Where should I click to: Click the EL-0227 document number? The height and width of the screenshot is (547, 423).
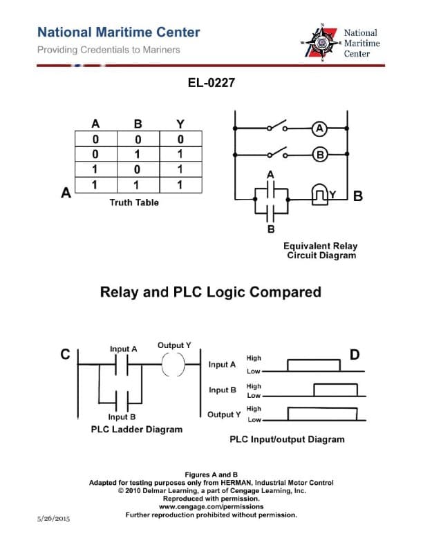tap(211, 84)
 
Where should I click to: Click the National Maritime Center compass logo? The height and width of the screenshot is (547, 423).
tap(321, 43)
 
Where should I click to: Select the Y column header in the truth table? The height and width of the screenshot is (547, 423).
tap(180, 124)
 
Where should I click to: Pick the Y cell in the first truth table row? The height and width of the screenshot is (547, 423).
tap(180, 140)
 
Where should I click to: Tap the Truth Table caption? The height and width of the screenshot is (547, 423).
tap(134, 202)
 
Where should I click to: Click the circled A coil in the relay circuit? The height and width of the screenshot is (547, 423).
tap(319, 128)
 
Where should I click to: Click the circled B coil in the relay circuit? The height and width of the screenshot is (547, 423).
tap(319, 155)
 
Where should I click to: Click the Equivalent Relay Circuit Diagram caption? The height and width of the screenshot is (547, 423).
tap(321, 251)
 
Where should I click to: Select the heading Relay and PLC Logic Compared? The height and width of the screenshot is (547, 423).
tap(211, 291)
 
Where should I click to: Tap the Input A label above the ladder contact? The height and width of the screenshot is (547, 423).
tap(124, 349)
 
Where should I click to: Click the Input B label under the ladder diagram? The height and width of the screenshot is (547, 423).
tap(122, 417)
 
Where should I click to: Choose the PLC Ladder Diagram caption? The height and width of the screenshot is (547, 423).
tap(137, 429)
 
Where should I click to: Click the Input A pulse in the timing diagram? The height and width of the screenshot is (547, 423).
tap(313, 365)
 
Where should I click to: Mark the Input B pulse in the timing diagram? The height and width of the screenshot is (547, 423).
tap(335, 390)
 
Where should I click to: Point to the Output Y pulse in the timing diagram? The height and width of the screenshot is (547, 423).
tap(323, 414)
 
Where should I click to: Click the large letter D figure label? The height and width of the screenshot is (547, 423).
tap(355, 355)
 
